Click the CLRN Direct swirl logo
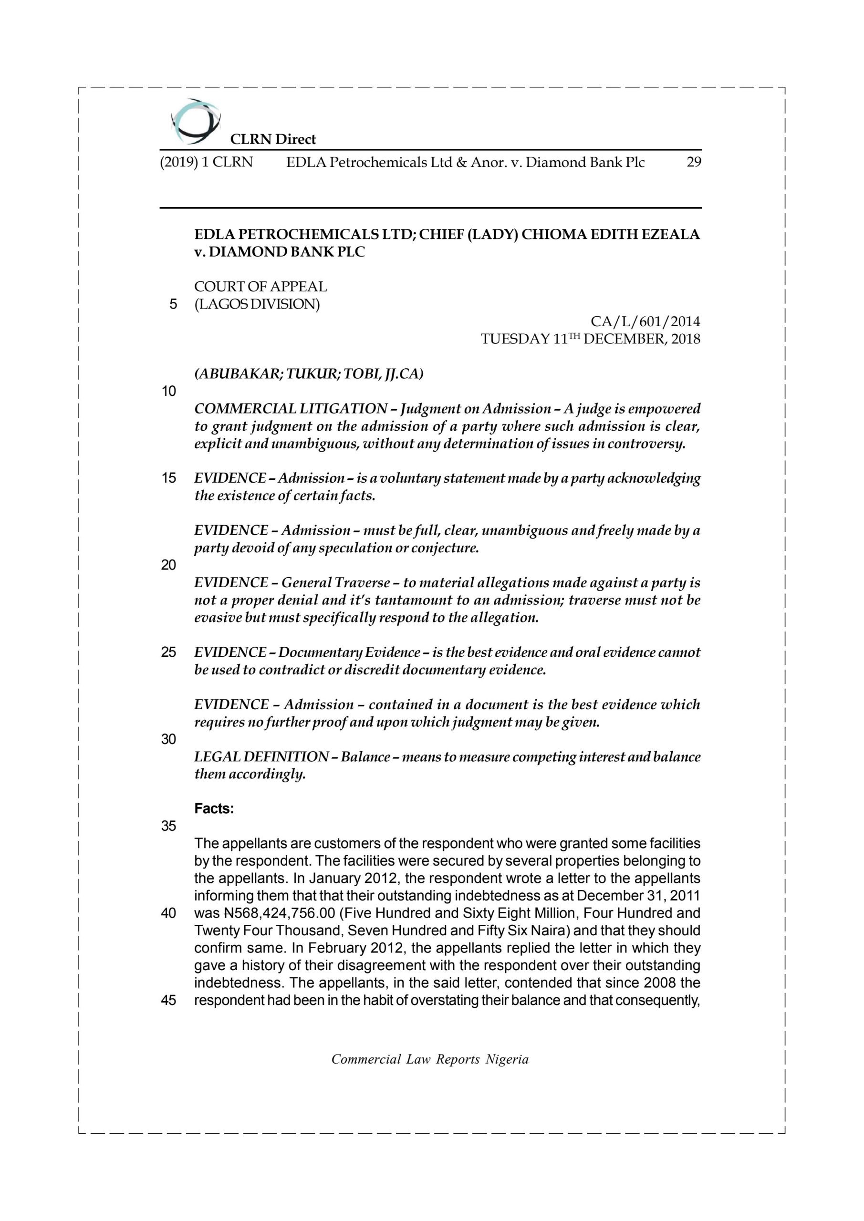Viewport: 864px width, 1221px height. click(195, 122)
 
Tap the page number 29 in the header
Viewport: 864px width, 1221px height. click(693, 162)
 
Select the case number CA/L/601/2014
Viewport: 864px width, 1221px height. click(645, 322)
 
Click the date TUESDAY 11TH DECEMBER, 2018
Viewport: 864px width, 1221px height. click(591, 339)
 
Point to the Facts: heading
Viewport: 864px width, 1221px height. click(214, 809)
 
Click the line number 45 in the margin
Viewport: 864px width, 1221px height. click(169, 1000)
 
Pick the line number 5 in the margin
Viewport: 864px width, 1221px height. click(173, 305)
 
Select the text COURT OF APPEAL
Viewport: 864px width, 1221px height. click(260, 287)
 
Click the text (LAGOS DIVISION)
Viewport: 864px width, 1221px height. click(257, 304)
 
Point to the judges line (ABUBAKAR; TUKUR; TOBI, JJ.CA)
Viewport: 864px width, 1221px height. click(309, 374)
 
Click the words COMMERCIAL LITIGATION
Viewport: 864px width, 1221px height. click(291, 409)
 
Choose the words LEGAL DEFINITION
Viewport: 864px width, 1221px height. click(261, 757)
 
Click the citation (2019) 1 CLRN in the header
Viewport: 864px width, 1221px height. click(207, 162)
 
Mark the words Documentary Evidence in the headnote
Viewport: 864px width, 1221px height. click(349, 652)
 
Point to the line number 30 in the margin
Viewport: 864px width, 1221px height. click(169, 739)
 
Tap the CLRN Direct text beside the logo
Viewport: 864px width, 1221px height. click(273, 139)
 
